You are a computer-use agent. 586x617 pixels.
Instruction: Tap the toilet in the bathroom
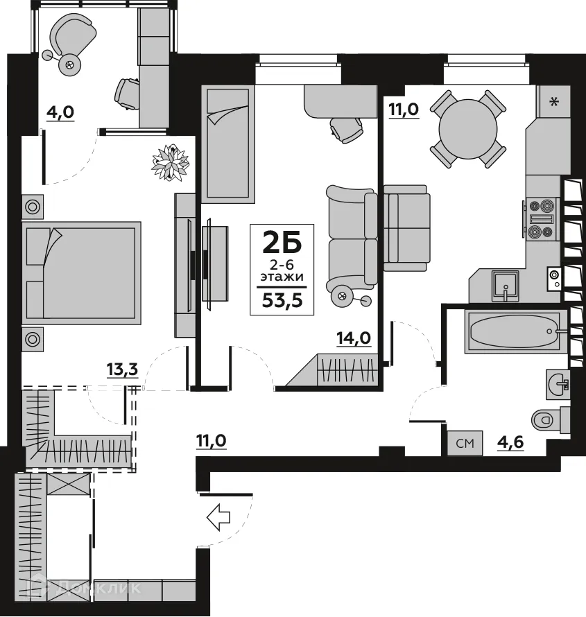(547, 419)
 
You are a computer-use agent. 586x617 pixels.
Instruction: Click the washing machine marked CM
(465, 442)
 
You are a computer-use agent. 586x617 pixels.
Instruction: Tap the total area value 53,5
(282, 299)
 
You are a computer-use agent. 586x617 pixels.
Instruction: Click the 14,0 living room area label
(354, 338)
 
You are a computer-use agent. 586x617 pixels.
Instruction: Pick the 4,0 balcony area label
(60, 111)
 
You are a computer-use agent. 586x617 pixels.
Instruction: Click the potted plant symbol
(171, 162)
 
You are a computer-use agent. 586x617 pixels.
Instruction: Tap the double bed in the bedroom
(82, 272)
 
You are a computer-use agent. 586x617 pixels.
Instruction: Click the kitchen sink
(507, 284)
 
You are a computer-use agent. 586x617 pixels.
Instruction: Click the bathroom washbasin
(558, 381)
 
